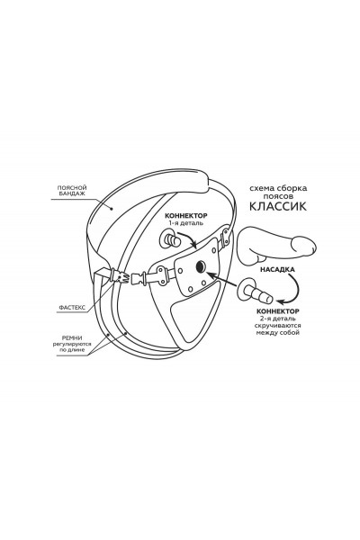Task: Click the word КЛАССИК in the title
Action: click(x=277, y=206)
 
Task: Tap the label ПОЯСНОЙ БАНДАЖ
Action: click(x=72, y=191)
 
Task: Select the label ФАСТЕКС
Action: click(x=72, y=308)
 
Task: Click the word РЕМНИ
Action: click(x=72, y=338)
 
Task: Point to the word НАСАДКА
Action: click(x=277, y=270)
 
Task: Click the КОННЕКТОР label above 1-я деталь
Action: click(x=186, y=216)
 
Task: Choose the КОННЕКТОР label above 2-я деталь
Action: click(x=278, y=311)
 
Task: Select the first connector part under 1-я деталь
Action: click(x=169, y=239)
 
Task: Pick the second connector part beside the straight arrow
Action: click(x=254, y=290)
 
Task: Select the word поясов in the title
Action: click(x=278, y=196)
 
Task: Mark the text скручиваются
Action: click(x=278, y=326)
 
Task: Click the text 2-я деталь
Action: click(x=278, y=319)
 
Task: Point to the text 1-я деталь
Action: click(x=186, y=223)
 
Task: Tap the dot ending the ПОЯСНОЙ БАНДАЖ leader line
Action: click(x=112, y=208)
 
